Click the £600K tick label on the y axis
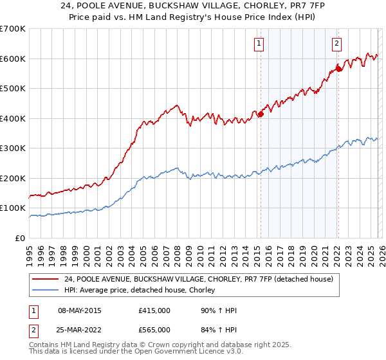pyautogui.click(x=12, y=59)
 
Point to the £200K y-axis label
pyautogui.click(x=12, y=178)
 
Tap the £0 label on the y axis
pyautogui.click(x=19, y=238)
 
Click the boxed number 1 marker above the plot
pyautogui.click(x=259, y=44)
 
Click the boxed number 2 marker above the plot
pyautogui.click(x=336, y=44)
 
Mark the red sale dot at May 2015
pyautogui.click(x=261, y=114)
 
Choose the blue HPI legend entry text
pyautogui.click(x=142, y=291)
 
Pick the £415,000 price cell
pyautogui.click(x=154, y=310)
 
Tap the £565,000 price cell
pyautogui.click(x=154, y=330)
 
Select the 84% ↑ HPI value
pyautogui.click(x=219, y=330)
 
